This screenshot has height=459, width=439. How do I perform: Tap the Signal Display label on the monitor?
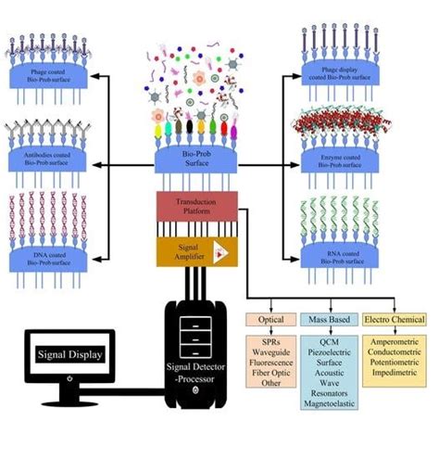click(70, 352)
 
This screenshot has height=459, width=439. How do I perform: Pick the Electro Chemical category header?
click(395, 320)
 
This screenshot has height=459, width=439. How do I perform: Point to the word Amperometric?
click(395, 342)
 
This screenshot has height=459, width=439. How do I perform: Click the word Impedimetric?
click(395, 374)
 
